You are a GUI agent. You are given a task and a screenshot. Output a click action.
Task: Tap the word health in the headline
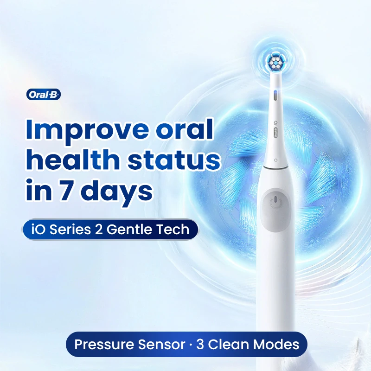73,160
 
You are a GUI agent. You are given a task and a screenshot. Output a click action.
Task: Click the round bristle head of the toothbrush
275,61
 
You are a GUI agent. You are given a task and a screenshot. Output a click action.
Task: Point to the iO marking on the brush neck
275,123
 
